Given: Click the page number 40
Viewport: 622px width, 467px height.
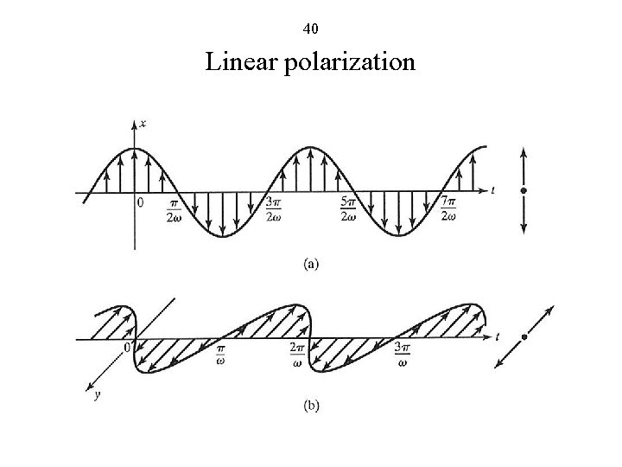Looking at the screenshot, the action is click(311, 29).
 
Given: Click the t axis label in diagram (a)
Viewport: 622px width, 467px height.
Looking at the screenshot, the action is click(492, 188).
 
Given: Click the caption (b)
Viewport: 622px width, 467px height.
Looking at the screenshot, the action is click(310, 406).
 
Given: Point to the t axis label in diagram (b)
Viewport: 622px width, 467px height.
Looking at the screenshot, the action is click(498, 335).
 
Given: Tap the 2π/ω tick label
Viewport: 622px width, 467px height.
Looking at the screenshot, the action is click(299, 355).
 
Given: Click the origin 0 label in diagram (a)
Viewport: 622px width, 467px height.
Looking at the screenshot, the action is click(141, 203).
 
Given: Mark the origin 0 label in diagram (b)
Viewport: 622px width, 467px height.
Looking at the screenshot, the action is click(127, 348).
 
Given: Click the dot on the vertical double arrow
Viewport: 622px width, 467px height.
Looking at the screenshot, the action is click(524, 189).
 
